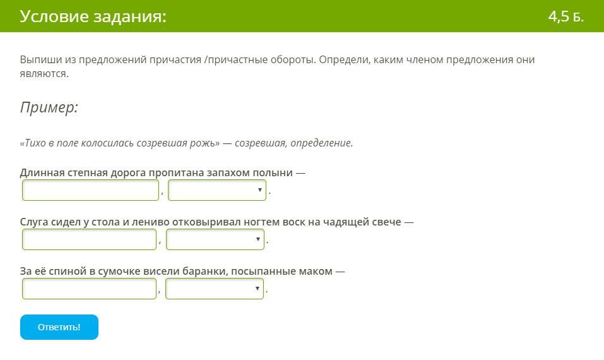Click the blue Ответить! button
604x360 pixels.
click(x=59, y=327)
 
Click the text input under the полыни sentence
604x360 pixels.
click(x=90, y=190)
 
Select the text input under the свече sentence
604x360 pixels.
click(x=90, y=239)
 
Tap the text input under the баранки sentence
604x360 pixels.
click(x=90, y=289)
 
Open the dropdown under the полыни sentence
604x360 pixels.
click(x=217, y=190)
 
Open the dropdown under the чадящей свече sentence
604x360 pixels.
click(x=215, y=239)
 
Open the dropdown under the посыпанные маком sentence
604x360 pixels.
click(x=215, y=289)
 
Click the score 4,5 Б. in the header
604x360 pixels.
click(x=566, y=16)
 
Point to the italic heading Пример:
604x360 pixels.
click(x=49, y=107)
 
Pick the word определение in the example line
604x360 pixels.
click(x=322, y=143)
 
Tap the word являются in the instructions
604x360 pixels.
click(x=44, y=74)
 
